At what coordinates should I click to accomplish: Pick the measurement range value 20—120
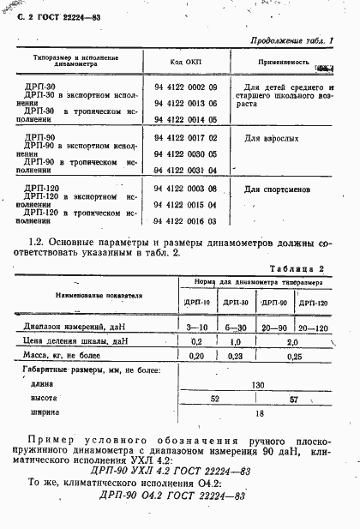312,328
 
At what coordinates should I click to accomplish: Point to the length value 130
255,385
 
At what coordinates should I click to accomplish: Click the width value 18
255,412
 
